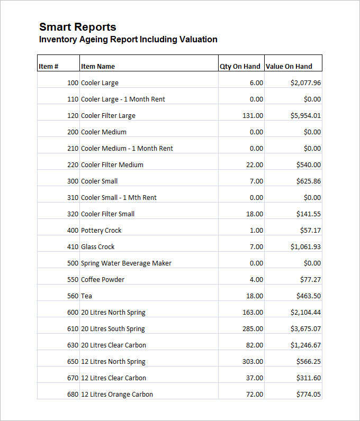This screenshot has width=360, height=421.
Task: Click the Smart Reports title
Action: [78, 27]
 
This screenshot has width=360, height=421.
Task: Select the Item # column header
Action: [48, 67]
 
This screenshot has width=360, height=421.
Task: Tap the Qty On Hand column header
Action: [240, 67]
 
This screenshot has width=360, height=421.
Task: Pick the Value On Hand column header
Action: [289, 67]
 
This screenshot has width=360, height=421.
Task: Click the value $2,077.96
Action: [305, 83]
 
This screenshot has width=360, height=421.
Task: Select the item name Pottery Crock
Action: [101, 231]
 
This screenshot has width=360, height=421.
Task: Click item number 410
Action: [73, 247]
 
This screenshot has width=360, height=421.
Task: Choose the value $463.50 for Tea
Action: [309, 296]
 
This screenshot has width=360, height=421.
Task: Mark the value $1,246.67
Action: [305, 345]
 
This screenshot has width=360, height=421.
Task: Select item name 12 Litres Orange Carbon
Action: [116, 395]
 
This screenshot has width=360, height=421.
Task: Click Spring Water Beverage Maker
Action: [126, 263]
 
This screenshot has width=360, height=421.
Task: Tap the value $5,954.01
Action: [305, 116]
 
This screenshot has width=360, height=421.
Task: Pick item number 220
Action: [73, 165]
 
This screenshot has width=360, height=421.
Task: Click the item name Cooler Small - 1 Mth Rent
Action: [119, 198]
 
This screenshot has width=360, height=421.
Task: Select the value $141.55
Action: [309, 214]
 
